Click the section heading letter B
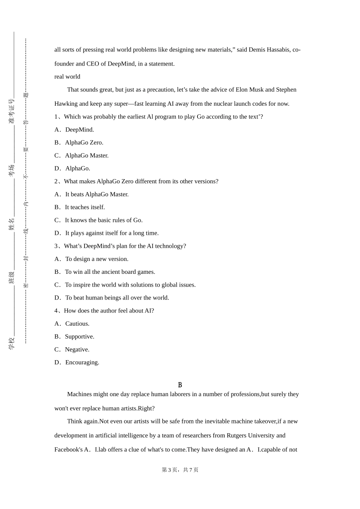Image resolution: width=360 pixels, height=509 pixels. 180,385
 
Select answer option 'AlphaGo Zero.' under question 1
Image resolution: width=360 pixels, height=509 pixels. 84,142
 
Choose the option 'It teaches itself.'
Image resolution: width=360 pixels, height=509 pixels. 85,207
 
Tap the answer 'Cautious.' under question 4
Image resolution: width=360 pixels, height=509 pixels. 77,323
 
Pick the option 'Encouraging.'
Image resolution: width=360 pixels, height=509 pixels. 82,362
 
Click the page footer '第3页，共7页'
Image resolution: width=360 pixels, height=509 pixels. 180,470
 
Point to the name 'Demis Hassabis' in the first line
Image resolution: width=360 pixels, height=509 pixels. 269,50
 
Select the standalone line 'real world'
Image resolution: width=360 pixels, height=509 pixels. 67,77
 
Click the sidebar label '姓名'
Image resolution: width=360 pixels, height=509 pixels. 11,224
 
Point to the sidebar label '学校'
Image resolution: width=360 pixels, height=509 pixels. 11,343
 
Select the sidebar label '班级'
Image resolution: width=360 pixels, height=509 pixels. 11,277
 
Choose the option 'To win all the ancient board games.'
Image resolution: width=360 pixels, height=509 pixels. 110,272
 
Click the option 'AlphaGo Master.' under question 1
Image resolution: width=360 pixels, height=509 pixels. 86,155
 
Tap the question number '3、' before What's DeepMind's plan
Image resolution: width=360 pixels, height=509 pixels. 59,246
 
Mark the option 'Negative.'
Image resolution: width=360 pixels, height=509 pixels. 77,350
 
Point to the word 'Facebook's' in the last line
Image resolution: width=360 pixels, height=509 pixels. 69,450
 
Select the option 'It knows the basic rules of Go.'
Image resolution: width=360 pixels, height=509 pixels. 103,220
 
